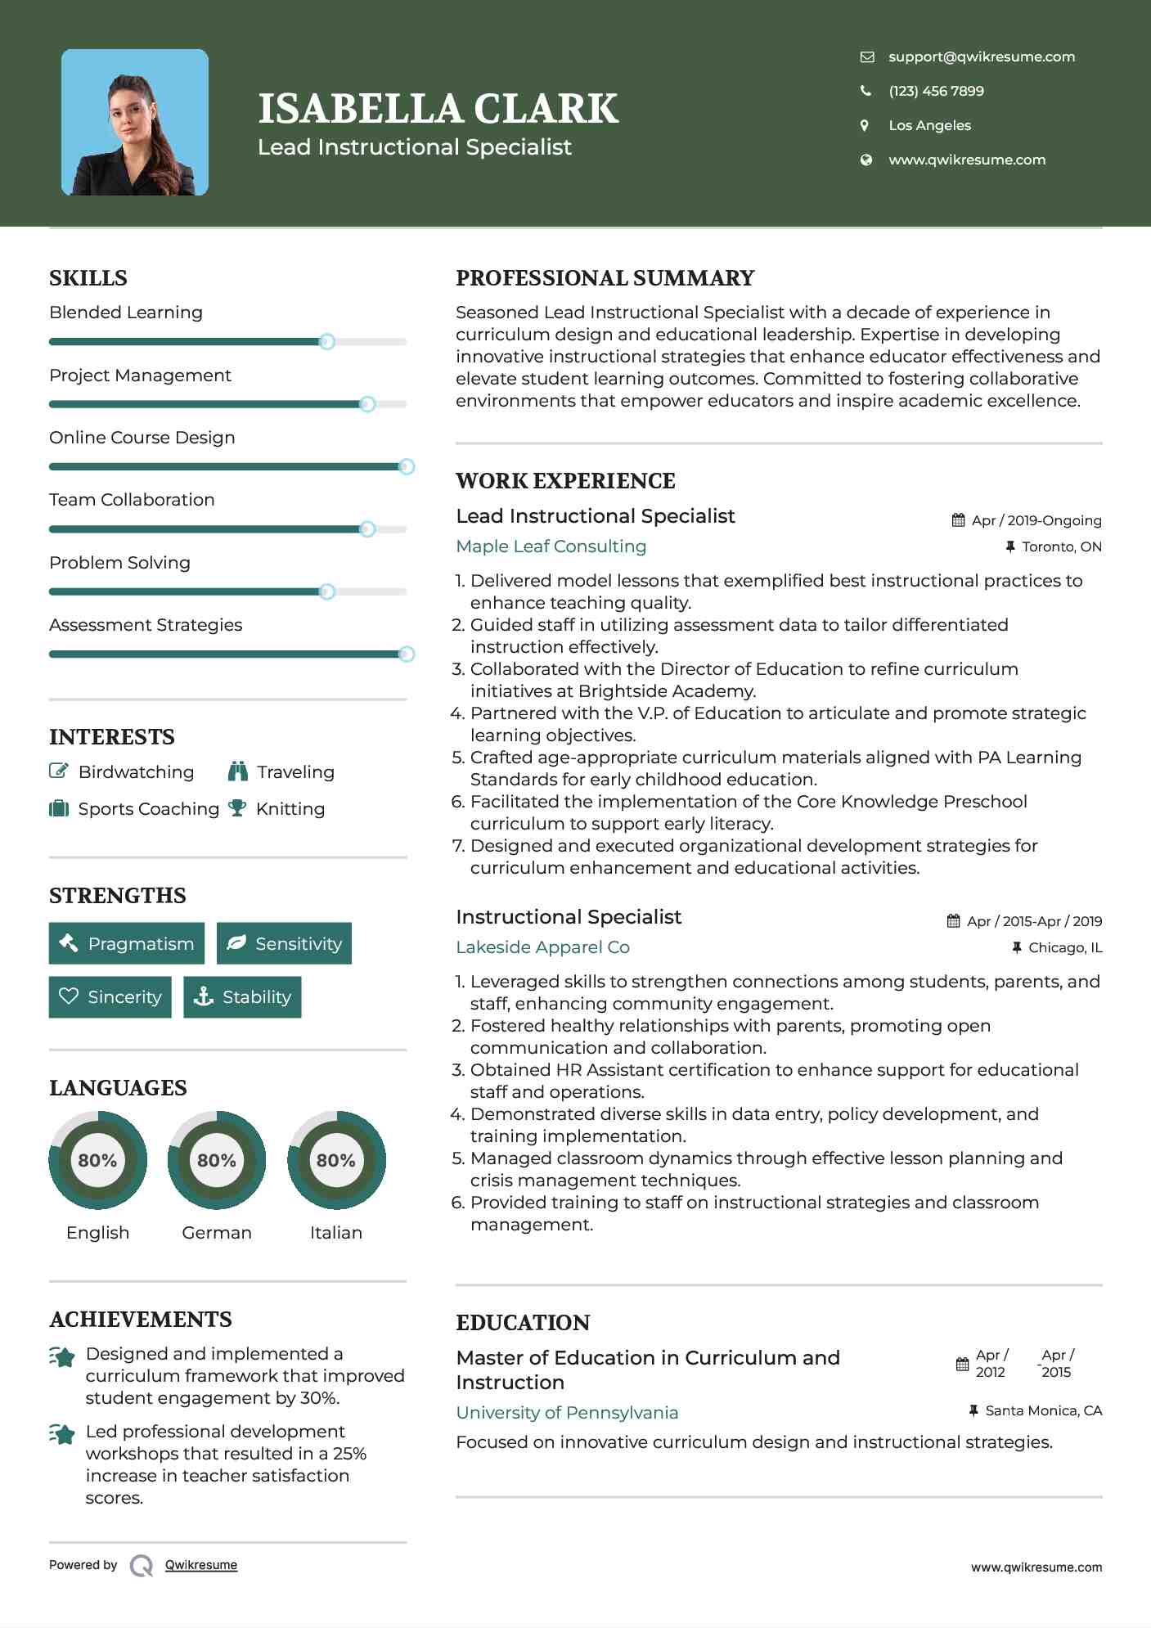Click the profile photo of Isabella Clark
click(x=135, y=123)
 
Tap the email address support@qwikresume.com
click(x=981, y=56)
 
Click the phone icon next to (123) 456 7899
click(x=865, y=91)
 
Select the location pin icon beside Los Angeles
click(x=865, y=125)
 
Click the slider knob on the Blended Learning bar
click(x=326, y=341)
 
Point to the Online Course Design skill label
click(x=142, y=438)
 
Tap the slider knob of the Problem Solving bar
click(x=326, y=591)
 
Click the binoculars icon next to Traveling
click(x=237, y=771)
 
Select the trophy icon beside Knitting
click(x=237, y=808)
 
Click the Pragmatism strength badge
click(x=127, y=943)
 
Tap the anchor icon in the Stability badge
click(x=203, y=996)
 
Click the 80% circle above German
click(x=216, y=1160)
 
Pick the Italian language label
click(x=335, y=1233)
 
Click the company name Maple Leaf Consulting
click(x=551, y=546)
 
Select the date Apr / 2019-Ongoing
click(x=1036, y=520)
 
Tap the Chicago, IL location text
click(x=1064, y=947)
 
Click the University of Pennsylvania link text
click(x=567, y=1413)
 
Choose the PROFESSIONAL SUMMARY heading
click(x=605, y=278)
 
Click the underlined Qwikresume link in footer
click(x=201, y=1565)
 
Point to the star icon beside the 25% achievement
click(x=62, y=1433)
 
